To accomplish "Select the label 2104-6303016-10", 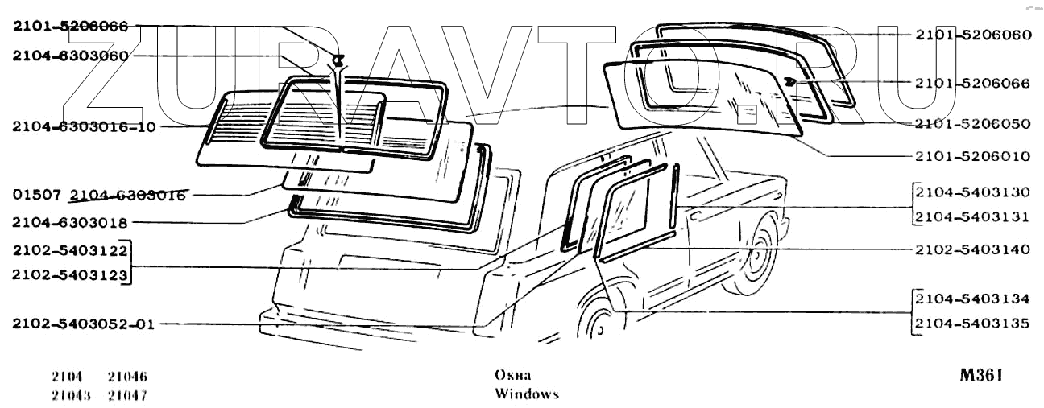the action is [x=84, y=126].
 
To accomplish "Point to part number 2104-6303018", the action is [x=70, y=221].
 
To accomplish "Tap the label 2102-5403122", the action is [x=70, y=250].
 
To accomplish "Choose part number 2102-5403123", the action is [x=70, y=275].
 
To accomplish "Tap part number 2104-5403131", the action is [x=973, y=216].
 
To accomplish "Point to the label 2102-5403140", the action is [x=973, y=249].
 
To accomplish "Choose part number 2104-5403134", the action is [x=973, y=299].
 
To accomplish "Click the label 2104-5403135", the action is [x=973, y=324].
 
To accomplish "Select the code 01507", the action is [x=38, y=195].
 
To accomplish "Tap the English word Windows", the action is [x=526, y=394].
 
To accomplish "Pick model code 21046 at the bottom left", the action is [x=127, y=377].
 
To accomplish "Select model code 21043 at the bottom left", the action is [x=70, y=395].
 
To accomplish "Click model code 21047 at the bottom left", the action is [x=127, y=395].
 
